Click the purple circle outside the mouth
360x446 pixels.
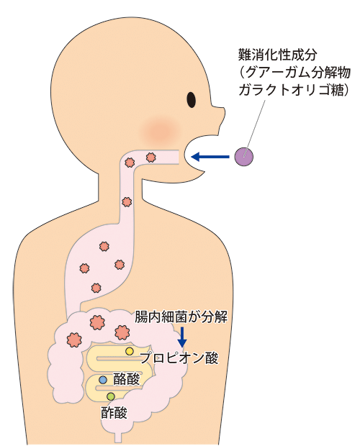244,157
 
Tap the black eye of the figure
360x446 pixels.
192,100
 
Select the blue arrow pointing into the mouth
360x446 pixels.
210,156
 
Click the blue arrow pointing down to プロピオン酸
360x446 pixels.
182,337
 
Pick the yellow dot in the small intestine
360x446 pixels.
130,352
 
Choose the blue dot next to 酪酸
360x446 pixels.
103,380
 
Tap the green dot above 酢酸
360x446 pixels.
111,396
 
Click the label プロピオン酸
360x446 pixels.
179,358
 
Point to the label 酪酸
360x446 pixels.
126,379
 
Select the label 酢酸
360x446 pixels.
114,412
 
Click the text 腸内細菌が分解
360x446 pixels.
181,317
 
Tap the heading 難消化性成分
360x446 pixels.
277,55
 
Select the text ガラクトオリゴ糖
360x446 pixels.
291,90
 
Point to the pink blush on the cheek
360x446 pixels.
161,130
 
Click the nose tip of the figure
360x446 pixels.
224,111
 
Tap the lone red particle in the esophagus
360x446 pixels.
127,202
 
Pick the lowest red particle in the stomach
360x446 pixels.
96,288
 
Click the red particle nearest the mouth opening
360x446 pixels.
150,158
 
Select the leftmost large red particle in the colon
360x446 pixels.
74,340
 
